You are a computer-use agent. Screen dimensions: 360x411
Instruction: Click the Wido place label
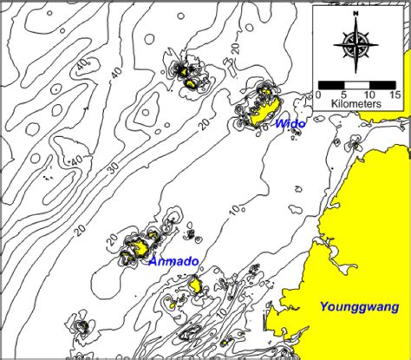pyautogui.click(x=290, y=125)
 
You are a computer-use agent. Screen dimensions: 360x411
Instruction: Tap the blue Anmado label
pyautogui.click(x=173, y=261)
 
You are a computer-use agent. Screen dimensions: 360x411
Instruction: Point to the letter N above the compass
pyautogui.click(x=356, y=16)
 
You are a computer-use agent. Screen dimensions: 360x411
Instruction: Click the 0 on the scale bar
pyautogui.click(x=319, y=94)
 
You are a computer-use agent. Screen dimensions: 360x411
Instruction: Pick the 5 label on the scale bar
pyautogui.click(x=345, y=94)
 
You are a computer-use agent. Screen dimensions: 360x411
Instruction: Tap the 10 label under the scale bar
pyautogui.click(x=369, y=94)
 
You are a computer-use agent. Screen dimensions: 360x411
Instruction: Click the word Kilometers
pyautogui.click(x=356, y=104)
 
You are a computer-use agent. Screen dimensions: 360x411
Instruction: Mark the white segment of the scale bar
pyautogui.click(x=357, y=84)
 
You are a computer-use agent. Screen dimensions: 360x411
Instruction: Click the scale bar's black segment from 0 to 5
pyautogui.click(x=332, y=84)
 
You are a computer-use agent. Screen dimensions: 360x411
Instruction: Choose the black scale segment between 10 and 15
pyautogui.click(x=382, y=84)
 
